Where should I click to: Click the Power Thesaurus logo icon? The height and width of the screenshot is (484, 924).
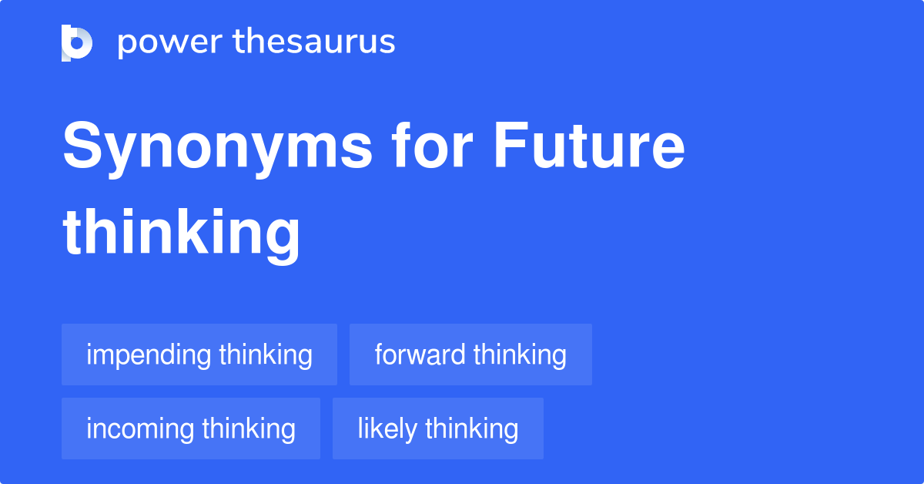[77, 42]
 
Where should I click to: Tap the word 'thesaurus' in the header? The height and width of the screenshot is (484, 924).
[314, 42]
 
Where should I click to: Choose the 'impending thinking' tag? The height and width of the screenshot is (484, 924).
[199, 355]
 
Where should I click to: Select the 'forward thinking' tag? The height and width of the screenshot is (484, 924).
[470, 355]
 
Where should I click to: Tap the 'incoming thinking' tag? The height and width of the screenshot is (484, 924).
[191, 429]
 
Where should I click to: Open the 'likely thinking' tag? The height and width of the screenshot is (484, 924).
[438, 429]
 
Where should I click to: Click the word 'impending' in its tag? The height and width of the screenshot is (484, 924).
[149, 355]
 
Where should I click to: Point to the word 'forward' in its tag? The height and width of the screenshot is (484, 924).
[420, 355]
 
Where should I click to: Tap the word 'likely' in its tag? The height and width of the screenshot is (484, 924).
[387, 429]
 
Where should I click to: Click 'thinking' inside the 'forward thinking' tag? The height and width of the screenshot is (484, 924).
[521, 355]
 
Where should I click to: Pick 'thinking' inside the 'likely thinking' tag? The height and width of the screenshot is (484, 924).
[472, 429]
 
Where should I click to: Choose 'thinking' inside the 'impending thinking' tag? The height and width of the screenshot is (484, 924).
[266, 355]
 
